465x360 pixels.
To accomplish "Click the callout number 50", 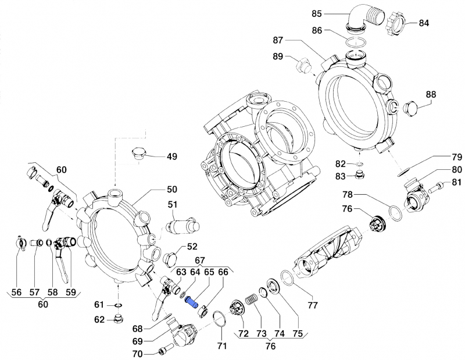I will [172, 190].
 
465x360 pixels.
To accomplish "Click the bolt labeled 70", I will [163, 351].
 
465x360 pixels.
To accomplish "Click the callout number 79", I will [456, 157].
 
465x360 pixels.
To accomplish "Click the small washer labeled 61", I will [117, 304].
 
